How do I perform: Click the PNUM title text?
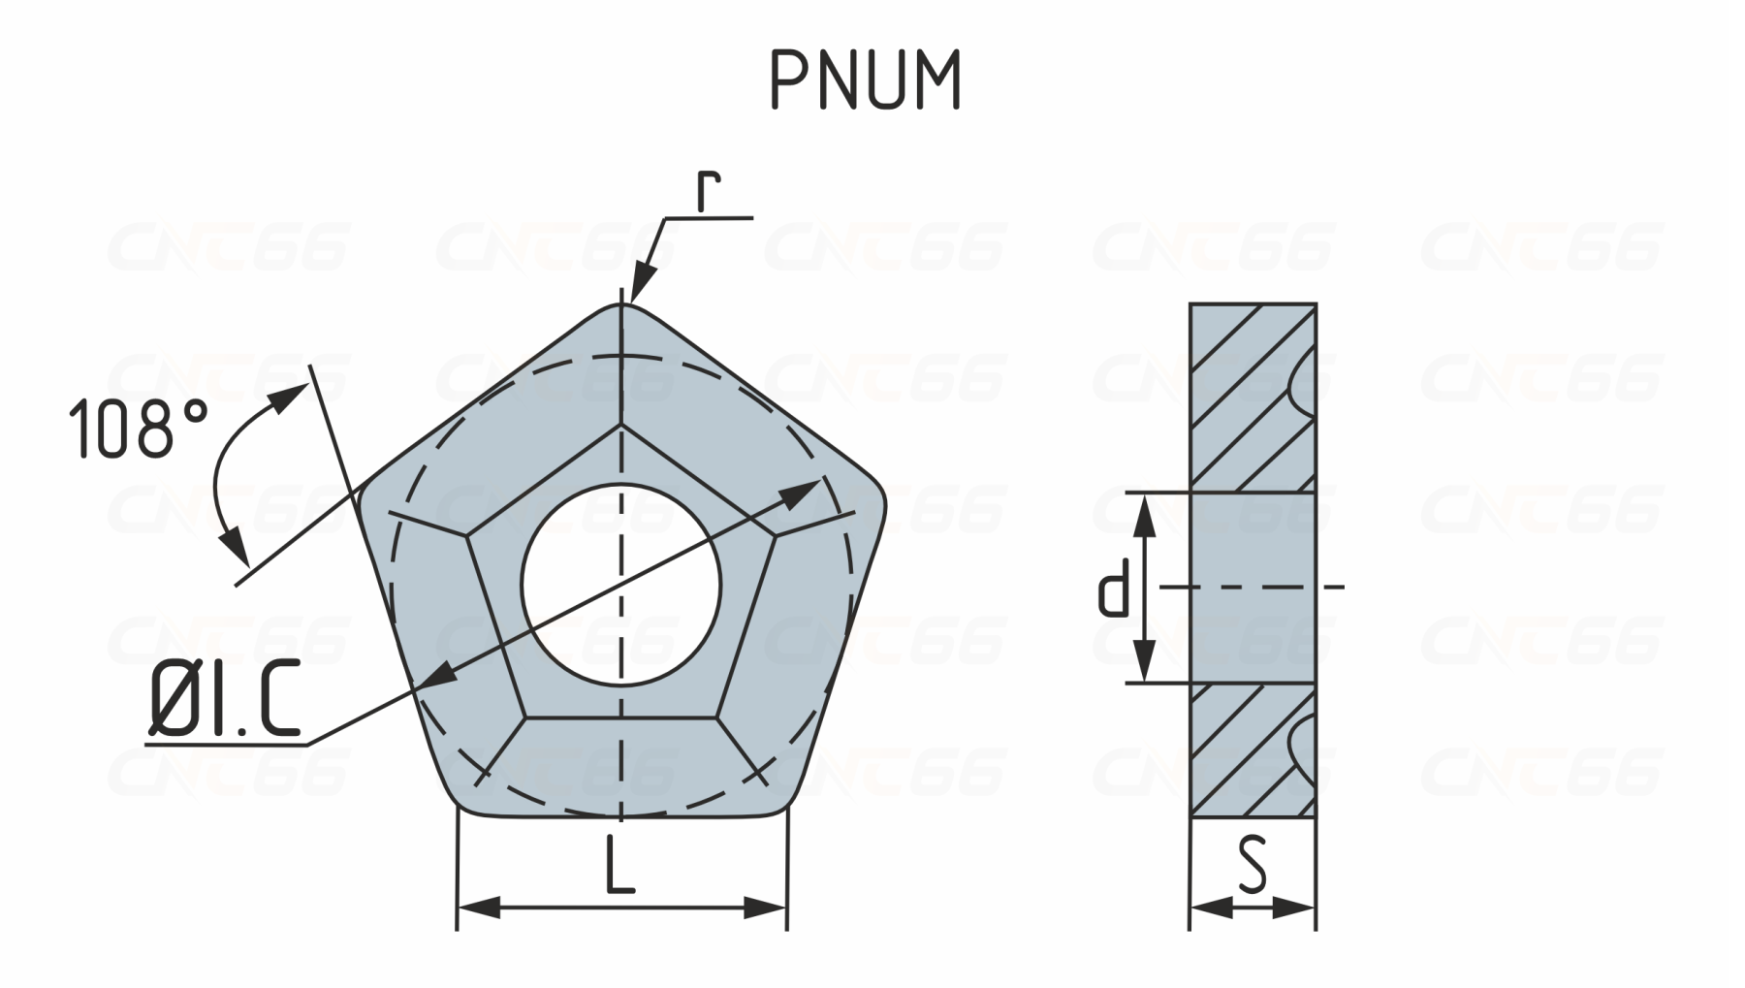pyautogui.click(x=866, y=80)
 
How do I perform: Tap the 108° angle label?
pyautogui.click(x=139, y=428)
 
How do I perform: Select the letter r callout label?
pyautogui.click(x=710, y=193)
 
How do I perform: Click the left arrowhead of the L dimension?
pyautogui.click(x=479, y=908)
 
